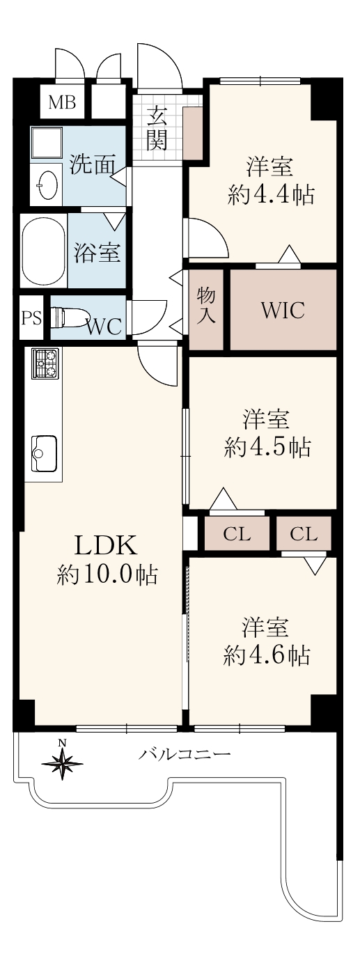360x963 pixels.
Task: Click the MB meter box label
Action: coord(62,103)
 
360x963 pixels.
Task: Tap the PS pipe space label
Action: coord(31,319)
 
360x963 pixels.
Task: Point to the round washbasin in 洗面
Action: coord(47,185)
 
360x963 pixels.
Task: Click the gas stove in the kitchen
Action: coord(45,363)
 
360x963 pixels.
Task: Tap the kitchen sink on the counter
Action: coord(44,453)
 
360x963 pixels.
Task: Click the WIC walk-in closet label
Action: coord(283,310)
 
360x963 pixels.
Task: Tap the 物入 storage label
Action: coord(206,306)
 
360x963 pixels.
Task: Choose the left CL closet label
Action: coord(237,534)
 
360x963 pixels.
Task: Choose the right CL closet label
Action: coord(304,534)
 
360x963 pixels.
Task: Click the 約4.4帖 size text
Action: coord(271,196)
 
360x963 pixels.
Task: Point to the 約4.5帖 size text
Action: coord(267,448)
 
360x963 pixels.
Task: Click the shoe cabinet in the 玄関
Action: coord(192,133)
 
